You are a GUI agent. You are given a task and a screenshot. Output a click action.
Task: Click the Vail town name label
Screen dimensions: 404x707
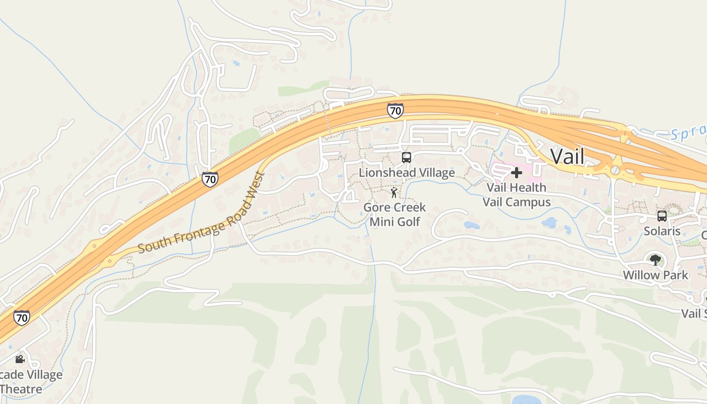pos(567,157)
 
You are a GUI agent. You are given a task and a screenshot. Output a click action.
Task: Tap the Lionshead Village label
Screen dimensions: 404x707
pos(407,173)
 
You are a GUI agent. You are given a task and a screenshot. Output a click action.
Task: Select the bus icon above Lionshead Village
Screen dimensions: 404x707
pos(407,158)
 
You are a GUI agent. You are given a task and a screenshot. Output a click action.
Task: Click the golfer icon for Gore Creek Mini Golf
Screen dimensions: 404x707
pos(394,193)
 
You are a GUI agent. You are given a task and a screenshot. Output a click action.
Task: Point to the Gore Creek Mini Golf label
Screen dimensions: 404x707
pos(395,214)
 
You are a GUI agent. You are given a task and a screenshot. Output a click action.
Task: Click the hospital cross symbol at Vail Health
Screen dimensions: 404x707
pos(516,173)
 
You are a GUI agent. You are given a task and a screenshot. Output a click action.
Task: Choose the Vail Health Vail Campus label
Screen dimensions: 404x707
pos(516,195)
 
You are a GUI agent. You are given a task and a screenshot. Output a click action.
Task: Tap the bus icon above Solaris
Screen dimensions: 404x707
pos(662,216)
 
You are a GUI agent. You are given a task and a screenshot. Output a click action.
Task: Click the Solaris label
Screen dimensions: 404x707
pos(662,231)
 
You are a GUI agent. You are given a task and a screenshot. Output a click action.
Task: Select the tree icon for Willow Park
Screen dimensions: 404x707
pos(655,260)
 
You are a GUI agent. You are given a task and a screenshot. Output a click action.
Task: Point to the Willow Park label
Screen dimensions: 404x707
pos(655,275)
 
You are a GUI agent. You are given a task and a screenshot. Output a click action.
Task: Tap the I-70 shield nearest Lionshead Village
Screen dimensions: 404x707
pos(395,110)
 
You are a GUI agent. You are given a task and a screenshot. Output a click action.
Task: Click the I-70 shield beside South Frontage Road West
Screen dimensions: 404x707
pos(210,179)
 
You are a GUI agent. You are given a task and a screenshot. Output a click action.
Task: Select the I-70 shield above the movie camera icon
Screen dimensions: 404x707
pos(21,318)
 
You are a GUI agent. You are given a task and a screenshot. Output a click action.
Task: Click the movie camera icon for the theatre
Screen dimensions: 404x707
pos(20,360)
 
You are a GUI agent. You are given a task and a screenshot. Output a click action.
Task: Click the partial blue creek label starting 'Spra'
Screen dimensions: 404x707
pos(688,132)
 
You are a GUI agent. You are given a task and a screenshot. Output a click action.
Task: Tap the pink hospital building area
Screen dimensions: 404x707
pos(505,172)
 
